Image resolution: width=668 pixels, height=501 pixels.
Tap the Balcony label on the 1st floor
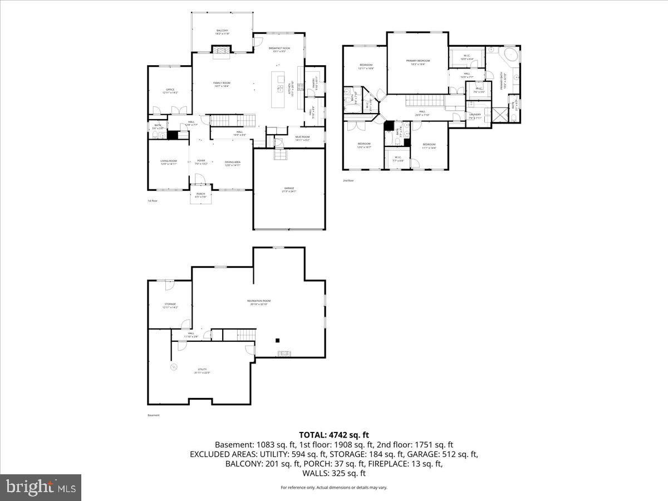(222, 32)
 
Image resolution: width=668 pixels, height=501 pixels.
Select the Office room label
(169, 91)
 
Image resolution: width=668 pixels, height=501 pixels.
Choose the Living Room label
(169, 162)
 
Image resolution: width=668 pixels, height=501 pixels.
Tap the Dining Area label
(233, 163)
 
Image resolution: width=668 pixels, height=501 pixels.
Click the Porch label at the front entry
(200, 195)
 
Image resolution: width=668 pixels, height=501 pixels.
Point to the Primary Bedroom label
(417, 62)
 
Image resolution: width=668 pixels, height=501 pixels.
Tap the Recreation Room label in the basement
(259, 302)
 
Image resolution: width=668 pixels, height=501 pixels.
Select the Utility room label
(202, 371)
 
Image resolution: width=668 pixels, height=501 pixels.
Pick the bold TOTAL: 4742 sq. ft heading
(334, 435)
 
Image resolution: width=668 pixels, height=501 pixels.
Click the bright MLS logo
(41, 488)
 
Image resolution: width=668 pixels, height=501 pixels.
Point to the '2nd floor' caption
(348, 180)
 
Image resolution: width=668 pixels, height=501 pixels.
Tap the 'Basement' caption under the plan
(154, 415)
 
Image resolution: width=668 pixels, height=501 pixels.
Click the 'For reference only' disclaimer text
(334, 488)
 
